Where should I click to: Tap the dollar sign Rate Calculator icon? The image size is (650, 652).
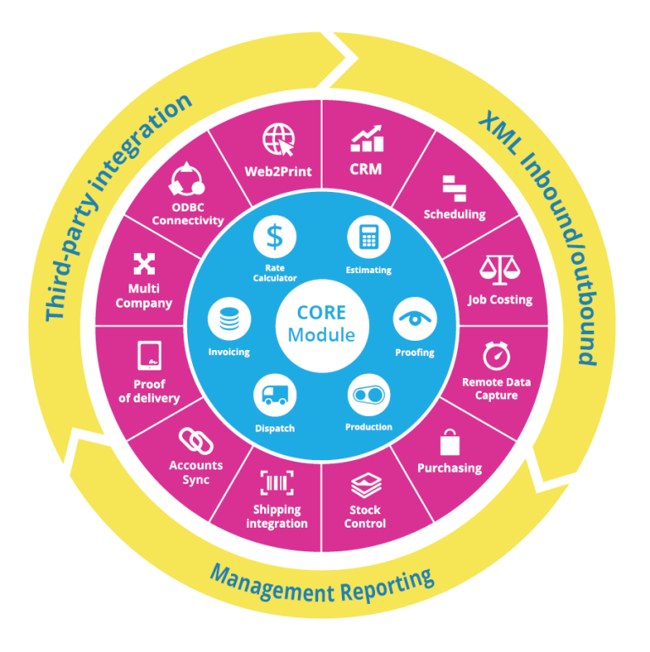click(274, 236)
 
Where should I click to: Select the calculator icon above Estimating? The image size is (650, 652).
click(368, 237)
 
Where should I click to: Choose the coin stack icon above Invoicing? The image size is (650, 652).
click(229, 320)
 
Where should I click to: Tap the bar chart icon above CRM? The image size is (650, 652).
click(366, 137)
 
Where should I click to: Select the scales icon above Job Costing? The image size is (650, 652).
click(499, 270)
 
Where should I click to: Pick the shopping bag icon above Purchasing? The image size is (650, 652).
click(449, 442)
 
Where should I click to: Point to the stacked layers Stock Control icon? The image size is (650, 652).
click(366, 485)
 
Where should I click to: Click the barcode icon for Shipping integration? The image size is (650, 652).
click(277, 484)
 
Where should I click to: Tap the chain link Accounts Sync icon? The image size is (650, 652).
click(196, 441)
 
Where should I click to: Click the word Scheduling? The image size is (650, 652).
click(454, 214)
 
